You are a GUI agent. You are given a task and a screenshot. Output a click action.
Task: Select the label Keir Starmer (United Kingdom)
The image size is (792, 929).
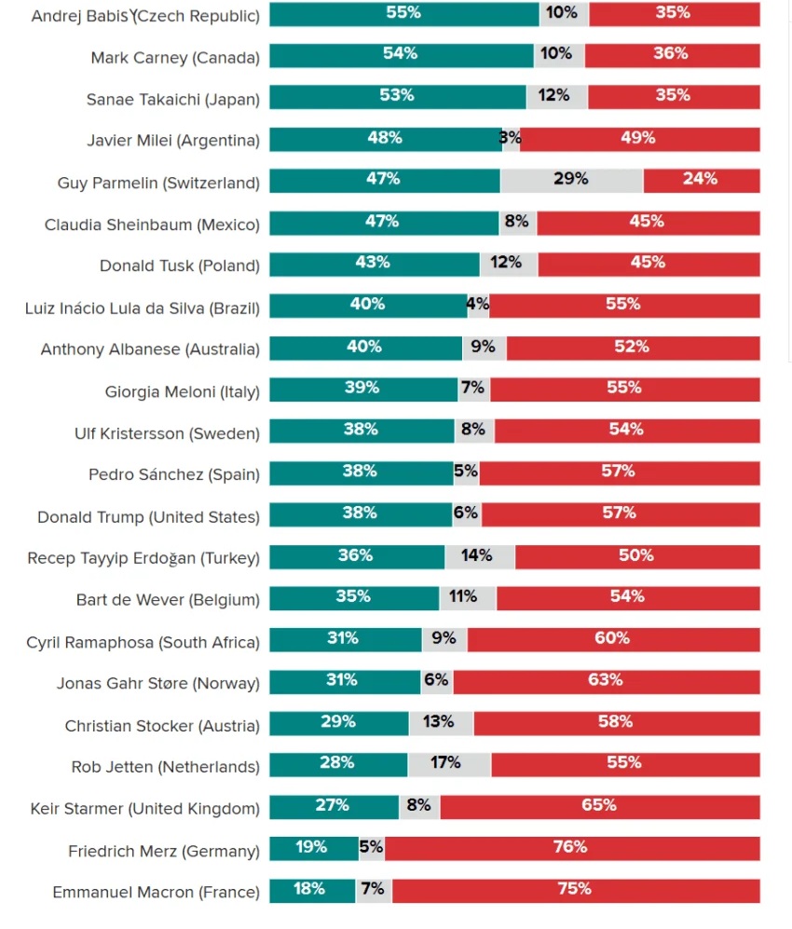144,808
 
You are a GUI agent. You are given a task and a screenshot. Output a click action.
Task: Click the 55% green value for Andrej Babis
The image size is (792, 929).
403,13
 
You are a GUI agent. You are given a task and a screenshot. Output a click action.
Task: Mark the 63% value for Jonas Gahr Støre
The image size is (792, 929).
605,680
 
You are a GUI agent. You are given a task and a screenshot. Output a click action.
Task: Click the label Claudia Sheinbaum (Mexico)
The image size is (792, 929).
152,225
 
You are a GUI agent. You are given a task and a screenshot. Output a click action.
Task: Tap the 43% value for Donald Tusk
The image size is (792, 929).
372,263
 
